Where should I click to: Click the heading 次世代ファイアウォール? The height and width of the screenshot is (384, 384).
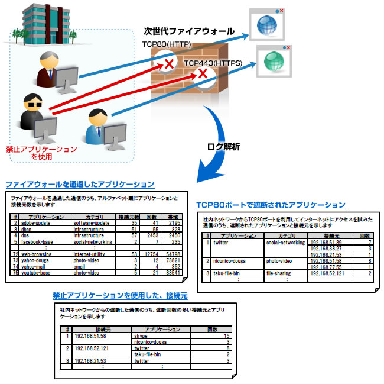pyautogui.click(x=188, y=31)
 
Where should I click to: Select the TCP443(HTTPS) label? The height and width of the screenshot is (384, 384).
pyautogui.click(x=210, y=62)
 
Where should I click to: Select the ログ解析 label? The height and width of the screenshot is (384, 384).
pyautogui.click(x=223, y=146)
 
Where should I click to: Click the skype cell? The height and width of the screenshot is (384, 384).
pyautogui.click(x=142, y=335)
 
